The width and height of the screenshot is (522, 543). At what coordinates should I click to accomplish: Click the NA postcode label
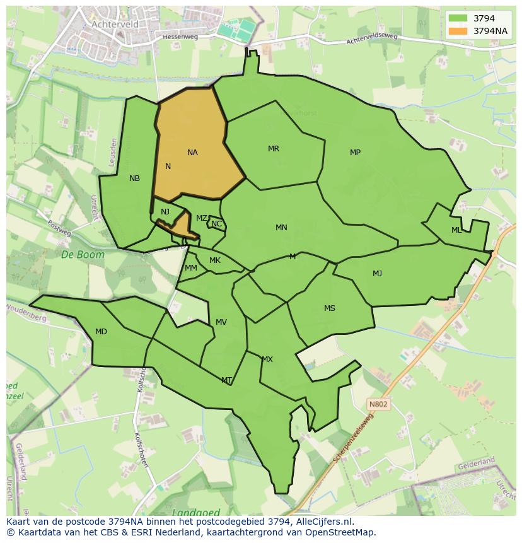pyautogui.click(x=192, y=153)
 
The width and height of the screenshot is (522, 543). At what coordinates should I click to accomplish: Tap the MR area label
pyautogui.click(x=273, y=149)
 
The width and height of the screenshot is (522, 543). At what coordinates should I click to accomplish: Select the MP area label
pyautogui.click(x=355, y=153)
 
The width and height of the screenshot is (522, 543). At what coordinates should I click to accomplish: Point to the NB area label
pyautogui.click(x=134, y=178)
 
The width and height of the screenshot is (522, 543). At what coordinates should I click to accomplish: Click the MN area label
pyautogui.click(x=281, y=228)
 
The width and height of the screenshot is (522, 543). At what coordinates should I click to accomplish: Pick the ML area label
pyautogui.click(x=456, y=230)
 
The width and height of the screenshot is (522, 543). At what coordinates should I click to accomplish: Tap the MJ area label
pyautogui.click(x=377, y=274)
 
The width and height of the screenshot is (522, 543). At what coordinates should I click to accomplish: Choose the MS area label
pyautogui.click(x=330, y=308)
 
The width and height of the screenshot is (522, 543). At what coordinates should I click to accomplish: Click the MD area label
pyautogui.click(x=101, y=332)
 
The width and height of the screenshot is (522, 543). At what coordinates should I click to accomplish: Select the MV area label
pyautogui.click(x=221, y=322)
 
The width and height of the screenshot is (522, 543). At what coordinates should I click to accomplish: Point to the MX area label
pyautogui.click(x=267, y=359)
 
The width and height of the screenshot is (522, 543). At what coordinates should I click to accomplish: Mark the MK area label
pyautogui.click(x=215, y=260)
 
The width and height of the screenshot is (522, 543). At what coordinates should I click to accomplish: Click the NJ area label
pyautogui.click(x=165, y=212)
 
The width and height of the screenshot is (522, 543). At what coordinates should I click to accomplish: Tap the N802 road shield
pyautogui.click(x=379, y=404)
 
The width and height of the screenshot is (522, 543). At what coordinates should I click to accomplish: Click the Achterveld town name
pyautogui.click(x=115, y=24)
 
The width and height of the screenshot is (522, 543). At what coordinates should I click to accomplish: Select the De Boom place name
pyautogui.click(x=74, y=255)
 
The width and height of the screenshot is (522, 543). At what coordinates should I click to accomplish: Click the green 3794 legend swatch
pyautogui.click(x=458, y=18)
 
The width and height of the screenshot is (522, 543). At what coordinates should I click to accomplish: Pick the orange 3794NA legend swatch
pyautogui.click(x=458, y=31)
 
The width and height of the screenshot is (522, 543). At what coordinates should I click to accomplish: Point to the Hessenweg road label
pyautogui.click(x=180, y=37)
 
